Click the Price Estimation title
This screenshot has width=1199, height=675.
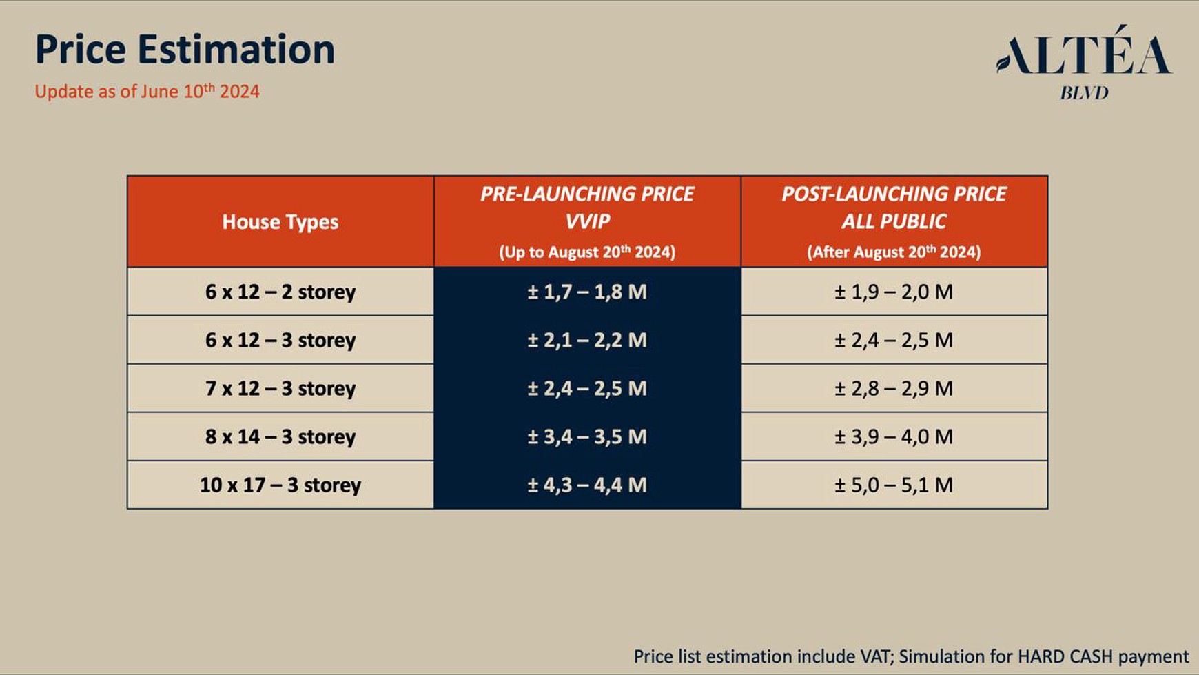[185, 50]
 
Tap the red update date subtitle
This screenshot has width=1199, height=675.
[147, 91]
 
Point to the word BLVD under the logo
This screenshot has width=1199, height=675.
[1084, 93]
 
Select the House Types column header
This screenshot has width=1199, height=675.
[280, 222]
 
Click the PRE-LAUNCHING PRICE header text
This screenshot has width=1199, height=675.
[587, 194]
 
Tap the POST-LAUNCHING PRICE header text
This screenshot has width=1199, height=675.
[894, 194]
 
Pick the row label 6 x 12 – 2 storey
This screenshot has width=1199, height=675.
[280, 292]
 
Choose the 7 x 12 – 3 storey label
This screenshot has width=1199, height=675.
[280, 388]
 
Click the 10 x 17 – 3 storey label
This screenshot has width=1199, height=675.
[280, 485]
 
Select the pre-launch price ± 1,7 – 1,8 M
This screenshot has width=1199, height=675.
[587, 292]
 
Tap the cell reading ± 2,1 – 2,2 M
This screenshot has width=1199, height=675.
[587, 340]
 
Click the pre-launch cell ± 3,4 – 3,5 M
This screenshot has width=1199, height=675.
[587, 436]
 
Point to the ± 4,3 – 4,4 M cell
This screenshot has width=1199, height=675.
[587, 485]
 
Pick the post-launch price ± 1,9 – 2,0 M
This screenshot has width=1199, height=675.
[894, 292]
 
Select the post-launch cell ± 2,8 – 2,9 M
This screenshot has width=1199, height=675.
[894, 388]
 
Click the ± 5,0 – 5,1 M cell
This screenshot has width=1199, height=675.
[894, 485]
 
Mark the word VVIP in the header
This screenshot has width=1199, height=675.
[587, 221]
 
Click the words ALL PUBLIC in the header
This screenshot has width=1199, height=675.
[894, 221]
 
